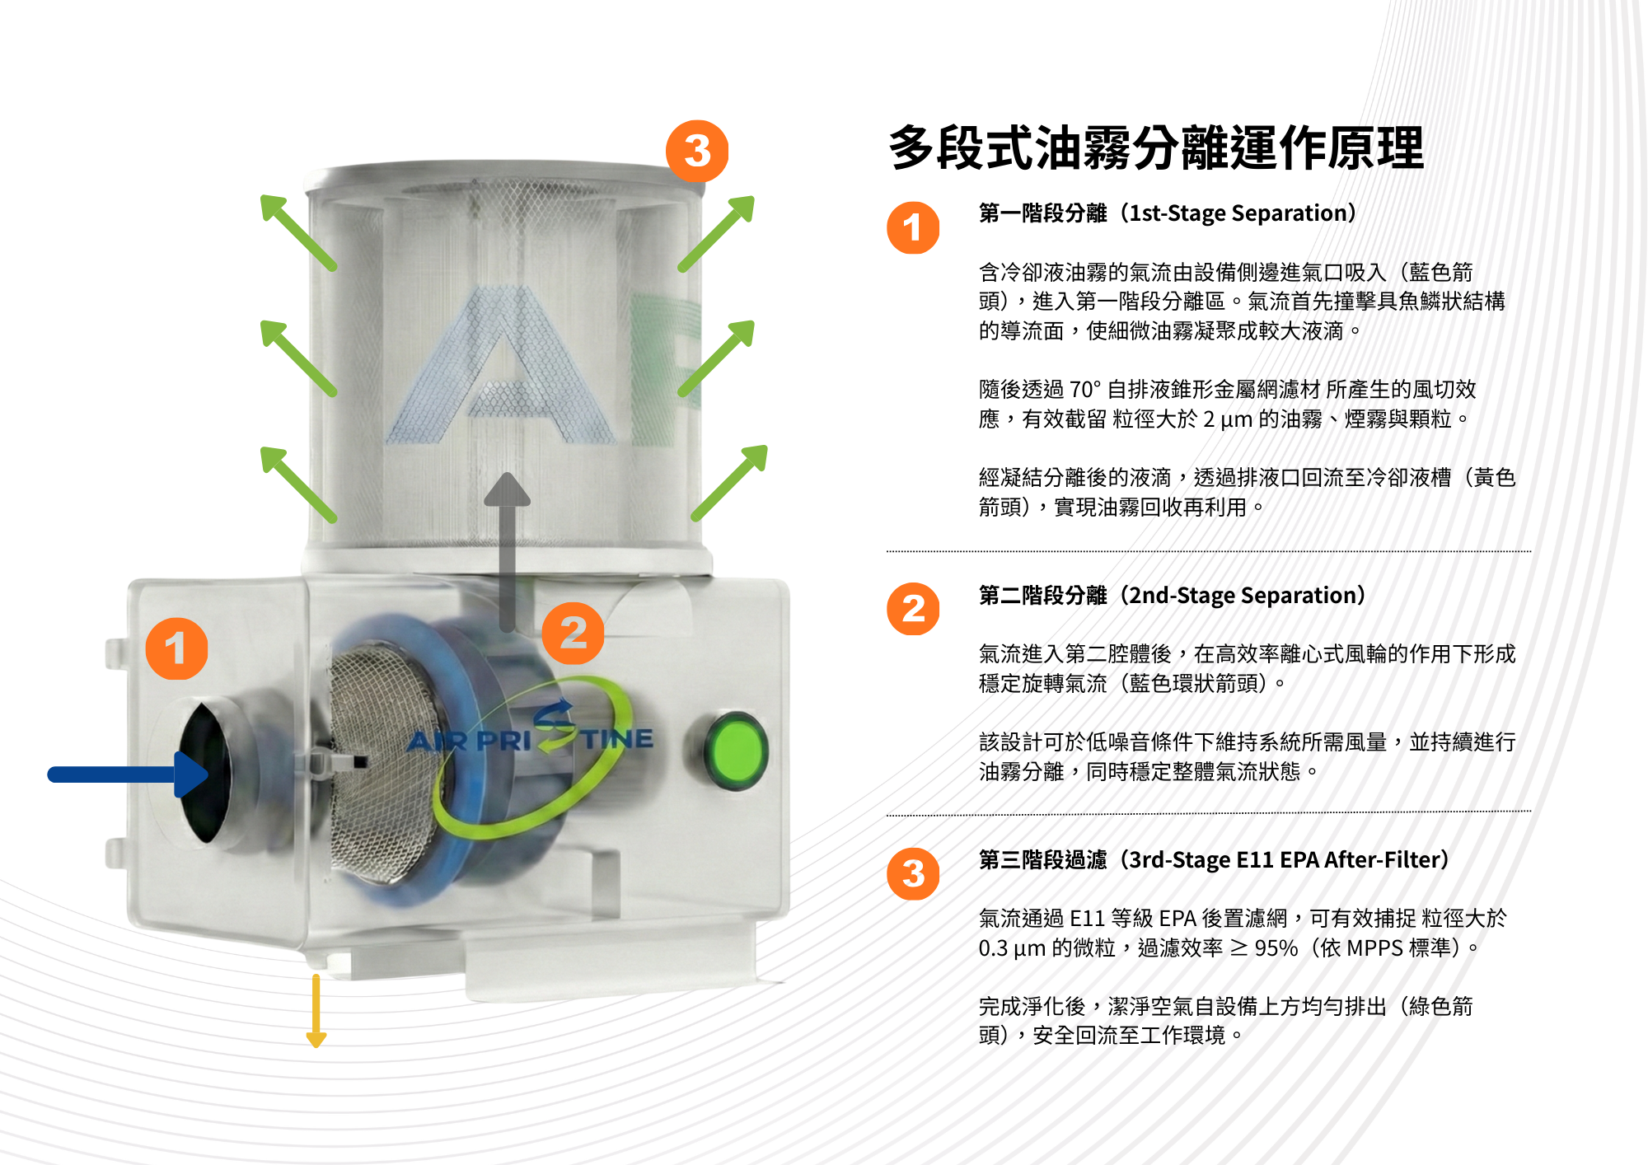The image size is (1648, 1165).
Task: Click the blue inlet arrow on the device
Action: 128,774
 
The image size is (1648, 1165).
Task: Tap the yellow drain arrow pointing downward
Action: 316,1011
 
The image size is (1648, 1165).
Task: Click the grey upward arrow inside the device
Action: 507,552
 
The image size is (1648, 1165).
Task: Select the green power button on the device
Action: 736,751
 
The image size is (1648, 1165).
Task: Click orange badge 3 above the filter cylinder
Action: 697,152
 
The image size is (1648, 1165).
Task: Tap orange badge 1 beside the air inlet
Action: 176,648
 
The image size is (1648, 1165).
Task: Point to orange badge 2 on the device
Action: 573,633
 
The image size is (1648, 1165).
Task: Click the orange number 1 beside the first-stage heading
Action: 913,227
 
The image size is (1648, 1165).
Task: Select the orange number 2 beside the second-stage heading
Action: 913,609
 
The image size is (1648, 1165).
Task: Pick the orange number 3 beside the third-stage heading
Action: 913,873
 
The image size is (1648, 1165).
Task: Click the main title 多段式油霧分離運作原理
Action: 1156,148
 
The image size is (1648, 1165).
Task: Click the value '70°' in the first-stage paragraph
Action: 1086,389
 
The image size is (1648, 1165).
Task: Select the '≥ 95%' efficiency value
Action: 1264,948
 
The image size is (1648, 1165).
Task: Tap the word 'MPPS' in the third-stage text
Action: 1374,948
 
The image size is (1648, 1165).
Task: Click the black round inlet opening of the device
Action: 204,773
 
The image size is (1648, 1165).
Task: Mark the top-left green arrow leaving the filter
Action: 298,232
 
